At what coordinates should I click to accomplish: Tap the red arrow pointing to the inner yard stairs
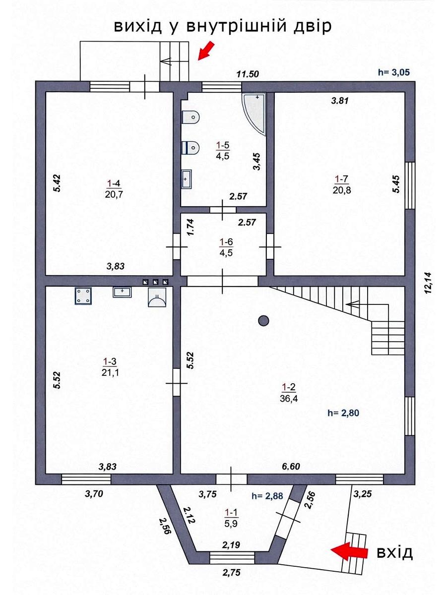[x=206, y=51]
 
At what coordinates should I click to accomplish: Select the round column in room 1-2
[x=263, y=321]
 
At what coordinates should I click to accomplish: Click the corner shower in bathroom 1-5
[x=254, y=114]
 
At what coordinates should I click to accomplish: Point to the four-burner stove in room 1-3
[x=83, y=296]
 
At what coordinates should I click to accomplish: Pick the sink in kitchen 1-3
[x=122, y=292]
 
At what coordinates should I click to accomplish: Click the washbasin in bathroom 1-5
[x=186, y=179]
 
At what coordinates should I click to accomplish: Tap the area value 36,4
[x=289, y=399]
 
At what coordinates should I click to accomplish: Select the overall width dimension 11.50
[x=248, y=74]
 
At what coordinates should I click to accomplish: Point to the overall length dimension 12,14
[x=428, y=283]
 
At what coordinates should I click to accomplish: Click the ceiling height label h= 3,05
[x=394, y=72]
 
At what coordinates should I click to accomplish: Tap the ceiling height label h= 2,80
[x=343, y=413]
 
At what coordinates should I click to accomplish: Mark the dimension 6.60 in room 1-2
[x=291, y=466]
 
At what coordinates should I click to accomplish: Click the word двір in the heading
[x=313, y=26]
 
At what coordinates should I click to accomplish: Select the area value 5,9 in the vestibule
[x=231, y=523]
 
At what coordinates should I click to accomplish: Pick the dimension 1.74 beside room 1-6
[x=191, y=227]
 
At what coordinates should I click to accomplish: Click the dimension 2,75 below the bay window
[x=232, y=578]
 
